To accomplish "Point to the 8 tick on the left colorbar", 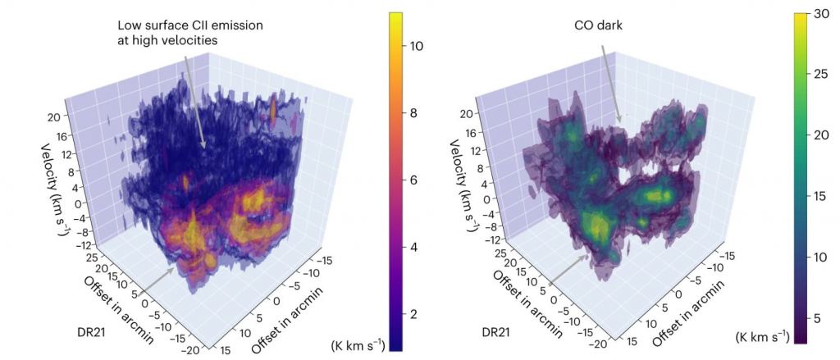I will click(x=416, y=112).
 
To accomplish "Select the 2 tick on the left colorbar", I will click(x=416, y=314).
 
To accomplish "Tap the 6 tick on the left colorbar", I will click(x=416, y=180).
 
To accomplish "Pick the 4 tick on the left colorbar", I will click(x=416, y=247).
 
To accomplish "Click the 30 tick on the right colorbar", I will click(x=820, y=12).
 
